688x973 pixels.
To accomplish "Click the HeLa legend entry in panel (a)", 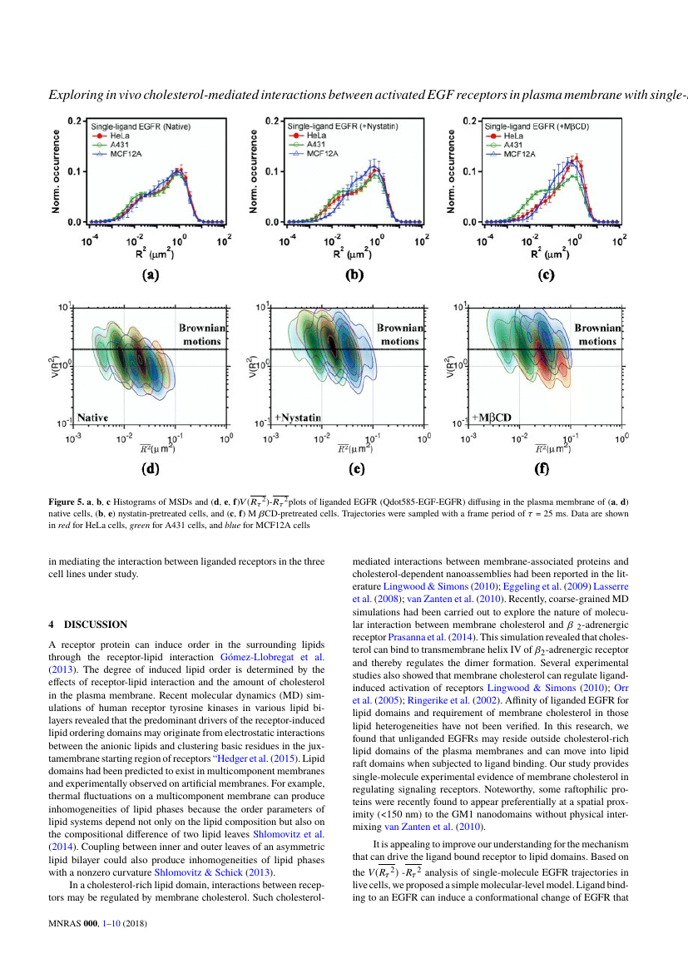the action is [111, 136].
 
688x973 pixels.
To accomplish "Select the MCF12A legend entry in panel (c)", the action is [510, 154].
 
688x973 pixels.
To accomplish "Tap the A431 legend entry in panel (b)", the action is [307, 144].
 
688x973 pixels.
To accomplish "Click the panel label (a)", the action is [151, 275].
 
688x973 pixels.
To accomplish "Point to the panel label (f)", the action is [542, 468].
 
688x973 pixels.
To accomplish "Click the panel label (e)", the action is [356, 468].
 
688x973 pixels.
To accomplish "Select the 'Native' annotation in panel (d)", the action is [92, 417].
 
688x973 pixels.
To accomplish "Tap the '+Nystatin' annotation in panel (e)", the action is [298, 417].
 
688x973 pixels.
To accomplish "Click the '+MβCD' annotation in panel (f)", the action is [491, 417].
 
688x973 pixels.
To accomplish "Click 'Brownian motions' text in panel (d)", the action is [202, 334].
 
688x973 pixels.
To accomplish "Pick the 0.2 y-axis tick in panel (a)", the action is [75, 121].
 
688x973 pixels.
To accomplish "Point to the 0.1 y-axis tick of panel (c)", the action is [469, 171].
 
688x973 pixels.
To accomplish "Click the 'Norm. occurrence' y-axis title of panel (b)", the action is [253, 171].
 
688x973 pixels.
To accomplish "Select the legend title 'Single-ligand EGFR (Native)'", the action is [141, 126].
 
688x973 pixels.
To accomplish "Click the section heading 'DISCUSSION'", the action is [96, 625].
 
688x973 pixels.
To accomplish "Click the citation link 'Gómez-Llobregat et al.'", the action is [273, 657].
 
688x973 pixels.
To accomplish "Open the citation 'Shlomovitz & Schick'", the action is [199, 872].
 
